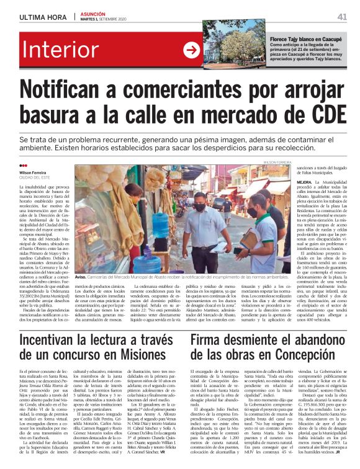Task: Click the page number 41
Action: click(341, 17)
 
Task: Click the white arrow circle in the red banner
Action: click(192, 51)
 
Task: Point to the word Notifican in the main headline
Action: click(81, 92)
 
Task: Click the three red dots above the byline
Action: click(24, 165)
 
